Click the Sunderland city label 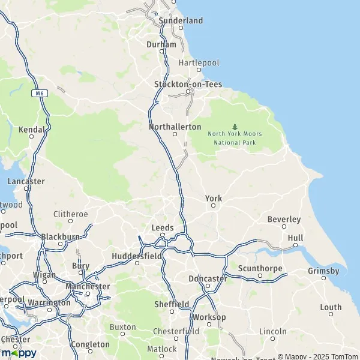(x=181, y=20)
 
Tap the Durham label (x=161, y=44)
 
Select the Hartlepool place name (x=199, y=62)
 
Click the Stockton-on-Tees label (x=188, y=84)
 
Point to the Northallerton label (x=175, y=127)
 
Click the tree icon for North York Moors (x=235, y=127)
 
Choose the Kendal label (x=32, y=129)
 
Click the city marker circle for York (x=213, y=206)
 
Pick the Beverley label (x=284, y=219)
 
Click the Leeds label (x=163, y=228)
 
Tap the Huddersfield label (x=137, y=256)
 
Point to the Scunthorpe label (x=260, y=268)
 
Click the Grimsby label (x=323, y=271)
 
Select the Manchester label (x=88, y=286)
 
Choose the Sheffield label (x=172, y=304)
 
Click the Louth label (x=331, y=308)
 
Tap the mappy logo (x=19, y=353)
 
